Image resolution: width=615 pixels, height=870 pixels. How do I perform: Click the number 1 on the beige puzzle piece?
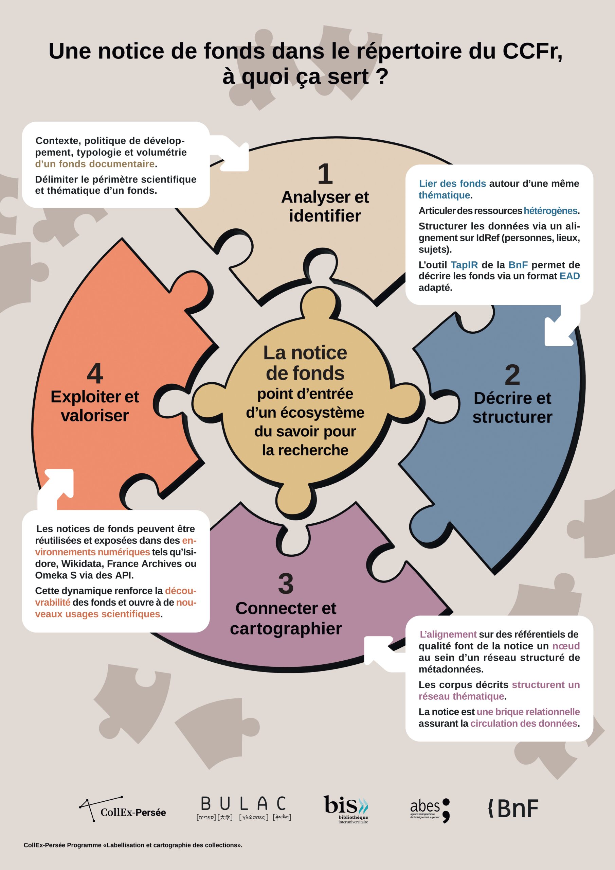point(325,174)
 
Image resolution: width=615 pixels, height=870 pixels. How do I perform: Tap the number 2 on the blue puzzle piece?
point(512,375)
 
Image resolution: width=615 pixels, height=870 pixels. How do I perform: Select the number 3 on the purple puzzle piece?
point(286,584)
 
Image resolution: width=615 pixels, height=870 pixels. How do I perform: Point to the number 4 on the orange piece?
point(95,373)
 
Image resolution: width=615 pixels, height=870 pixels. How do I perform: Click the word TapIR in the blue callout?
point(464,264)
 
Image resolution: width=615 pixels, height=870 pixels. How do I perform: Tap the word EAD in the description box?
point(569,276)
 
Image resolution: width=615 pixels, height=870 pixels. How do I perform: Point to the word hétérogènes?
point(551,211)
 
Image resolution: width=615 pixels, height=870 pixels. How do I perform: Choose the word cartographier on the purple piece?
point(286,628)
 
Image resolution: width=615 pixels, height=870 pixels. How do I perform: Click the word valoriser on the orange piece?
point(95,415)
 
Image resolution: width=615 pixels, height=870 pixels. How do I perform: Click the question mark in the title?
point(383,76)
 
